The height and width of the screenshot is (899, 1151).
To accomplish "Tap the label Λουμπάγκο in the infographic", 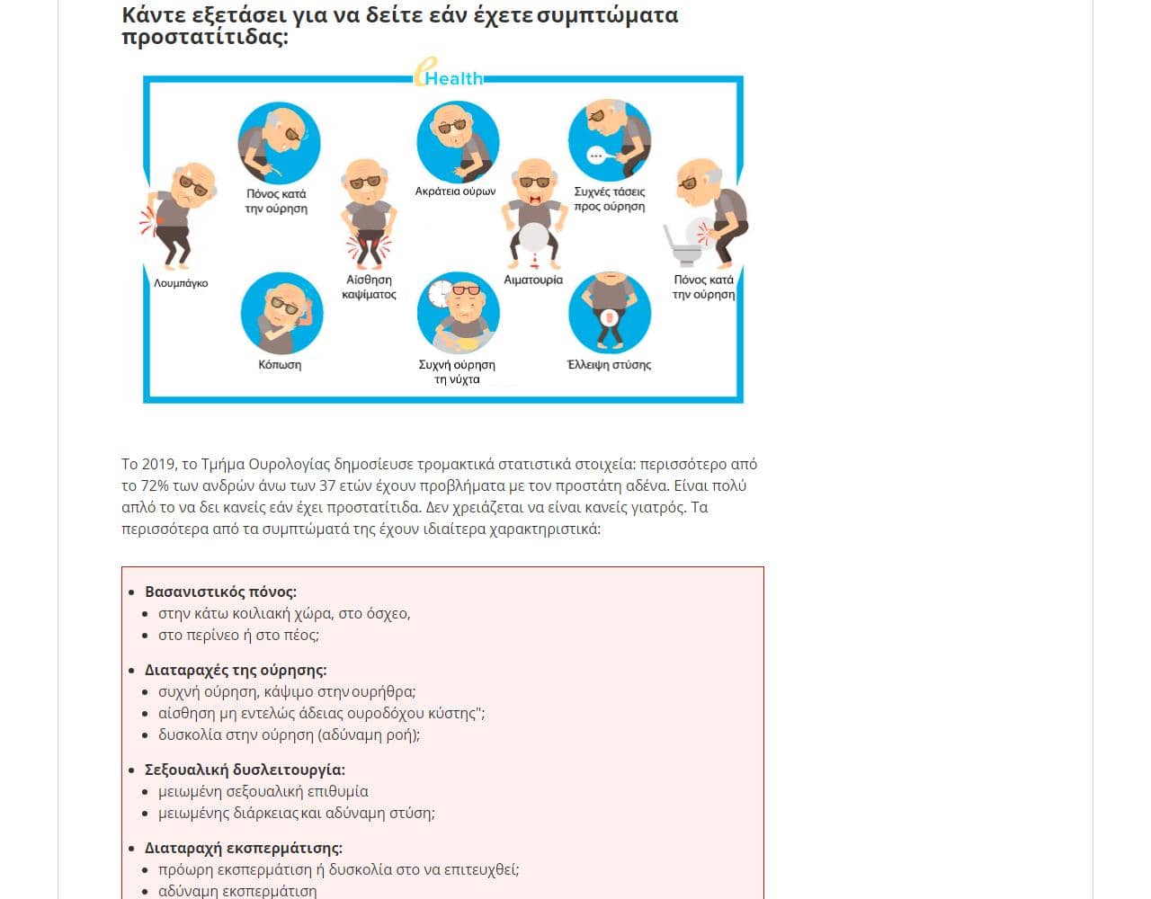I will click(181, 283).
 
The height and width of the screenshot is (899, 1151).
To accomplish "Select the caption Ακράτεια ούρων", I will click(455, 191).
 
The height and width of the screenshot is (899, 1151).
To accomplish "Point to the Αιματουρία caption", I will click(533, 280).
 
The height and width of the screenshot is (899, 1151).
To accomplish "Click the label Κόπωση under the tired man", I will click(280, 365).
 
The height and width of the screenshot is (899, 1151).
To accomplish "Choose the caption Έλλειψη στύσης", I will click(609, 365).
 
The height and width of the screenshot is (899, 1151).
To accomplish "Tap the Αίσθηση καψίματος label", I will click(369, 287).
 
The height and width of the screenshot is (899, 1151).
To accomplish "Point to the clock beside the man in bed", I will click(441, 292).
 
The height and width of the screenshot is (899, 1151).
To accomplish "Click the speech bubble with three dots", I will click(594, 155).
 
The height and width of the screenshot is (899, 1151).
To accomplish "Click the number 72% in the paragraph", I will click(155, 485).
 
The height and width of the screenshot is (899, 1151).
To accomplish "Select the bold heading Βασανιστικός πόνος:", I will click(220, 592).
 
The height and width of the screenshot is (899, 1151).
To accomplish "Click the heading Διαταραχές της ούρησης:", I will click(236, 670).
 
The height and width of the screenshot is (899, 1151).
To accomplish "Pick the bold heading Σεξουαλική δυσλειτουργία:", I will click(245, 770).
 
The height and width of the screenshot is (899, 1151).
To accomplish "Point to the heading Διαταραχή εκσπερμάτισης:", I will click(244, 848).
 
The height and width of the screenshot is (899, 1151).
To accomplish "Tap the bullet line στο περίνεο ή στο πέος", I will click(238, 635).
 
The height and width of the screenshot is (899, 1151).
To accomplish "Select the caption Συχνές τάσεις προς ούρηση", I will click(610, 199).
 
